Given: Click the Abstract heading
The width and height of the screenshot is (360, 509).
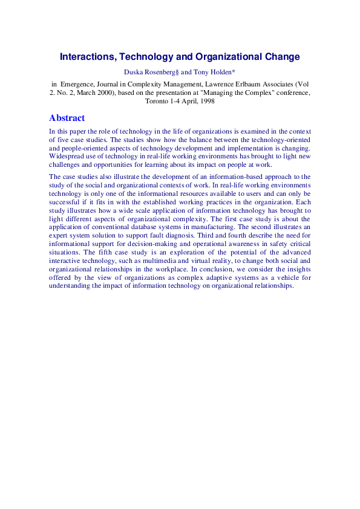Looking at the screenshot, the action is click(x=67, y=118).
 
